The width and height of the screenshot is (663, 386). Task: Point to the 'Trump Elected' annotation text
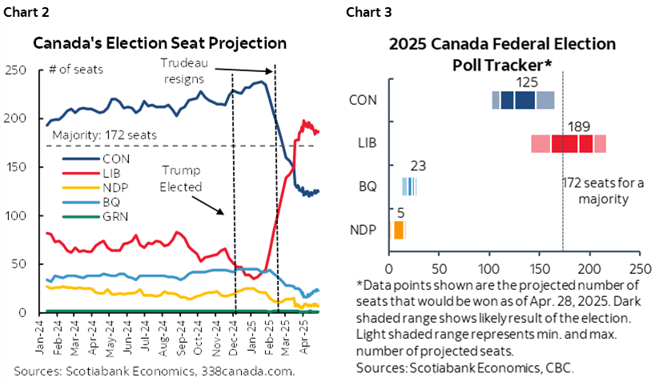coord(181,178)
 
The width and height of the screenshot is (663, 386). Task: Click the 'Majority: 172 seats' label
coord(104,135)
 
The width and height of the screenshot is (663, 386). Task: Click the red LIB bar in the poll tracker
coord(568,143)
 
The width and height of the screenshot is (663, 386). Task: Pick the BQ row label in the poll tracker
coord(368,187)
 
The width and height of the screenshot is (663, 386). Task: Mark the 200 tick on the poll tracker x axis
coord(590,267)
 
